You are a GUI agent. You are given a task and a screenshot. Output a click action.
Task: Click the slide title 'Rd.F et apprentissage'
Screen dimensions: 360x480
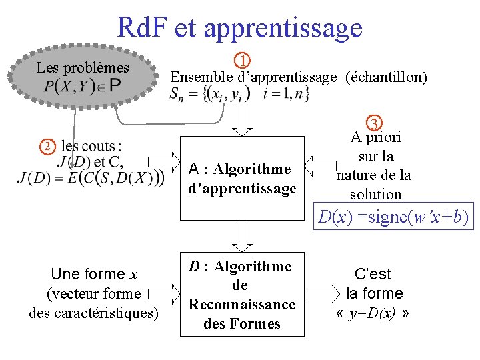pyautogui.click(x=239, y=28)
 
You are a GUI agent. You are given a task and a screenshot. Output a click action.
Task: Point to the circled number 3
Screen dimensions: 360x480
pyautogui.click(x=375, y=123)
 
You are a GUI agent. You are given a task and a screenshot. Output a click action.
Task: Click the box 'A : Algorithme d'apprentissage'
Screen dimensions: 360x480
pyautogui.click(x=242, y=178)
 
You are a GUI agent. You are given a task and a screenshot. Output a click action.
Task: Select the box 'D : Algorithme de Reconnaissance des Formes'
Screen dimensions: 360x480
pyautogui.click(x=242, y=295)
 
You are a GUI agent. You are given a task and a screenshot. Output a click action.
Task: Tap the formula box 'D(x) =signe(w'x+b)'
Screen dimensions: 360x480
pyautogui.click(x=393, y=217)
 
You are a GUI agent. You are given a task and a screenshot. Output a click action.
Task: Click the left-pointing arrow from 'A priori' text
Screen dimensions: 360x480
pyautogui.click(x=320, y=167)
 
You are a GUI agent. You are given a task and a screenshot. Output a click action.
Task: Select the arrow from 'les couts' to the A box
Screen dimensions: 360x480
pyautogui.click(x=165, y=162)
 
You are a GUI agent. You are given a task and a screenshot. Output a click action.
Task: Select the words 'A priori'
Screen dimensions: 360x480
pyautogui.click(x=376, y=137)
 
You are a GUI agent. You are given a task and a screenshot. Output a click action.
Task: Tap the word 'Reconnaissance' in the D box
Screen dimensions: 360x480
pyautogui.click(x=242, y=305)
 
